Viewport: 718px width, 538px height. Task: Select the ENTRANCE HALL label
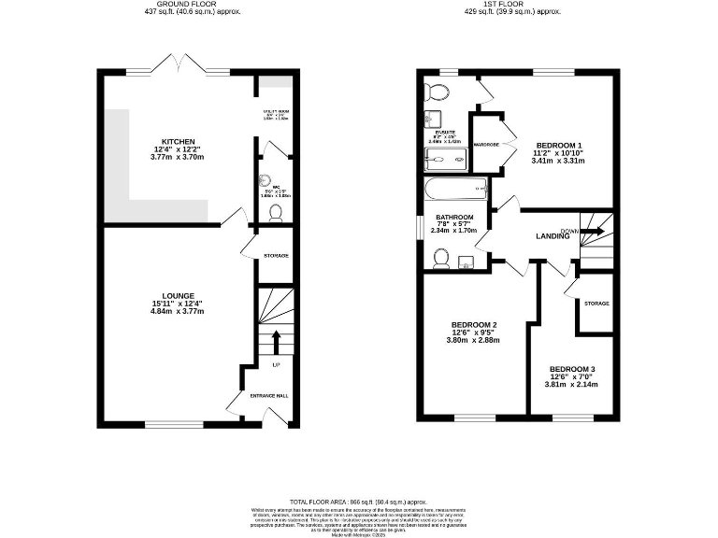pyautogui.click(x=269, y=396)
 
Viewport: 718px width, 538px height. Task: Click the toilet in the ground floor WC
pyautogui.click(x=275, y=213)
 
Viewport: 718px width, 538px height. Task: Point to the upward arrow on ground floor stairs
pyautogui.click(x=276, y=339)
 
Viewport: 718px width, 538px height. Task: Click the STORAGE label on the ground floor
pyautogui.click(x=275, y=255)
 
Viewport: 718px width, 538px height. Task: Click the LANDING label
pyautogui.click(x=553, y=236)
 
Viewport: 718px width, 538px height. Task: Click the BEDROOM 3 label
pyautogui.click(x=571, y=369)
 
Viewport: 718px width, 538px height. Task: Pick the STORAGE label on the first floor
pyautogui.click(x=596, y=304)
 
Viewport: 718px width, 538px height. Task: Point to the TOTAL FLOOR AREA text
pyautogui.click(x=358, y=502)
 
